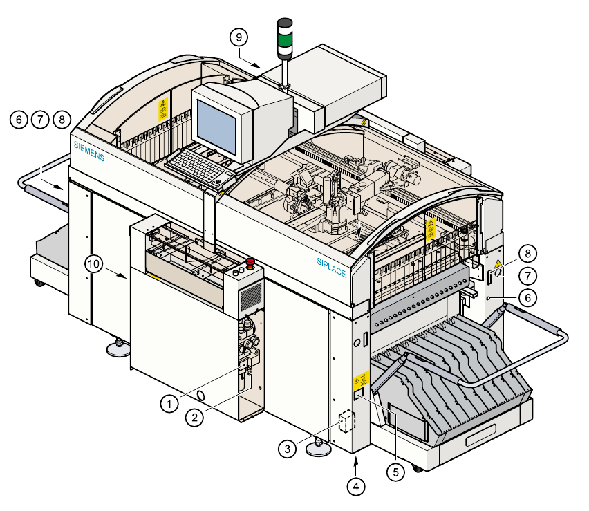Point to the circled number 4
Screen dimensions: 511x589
[x=356, y=486]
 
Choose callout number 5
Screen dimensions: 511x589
[x=395, y=472]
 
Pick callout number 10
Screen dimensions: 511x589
[x=94, y=263]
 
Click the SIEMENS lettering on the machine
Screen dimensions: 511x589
[x=89, y=151]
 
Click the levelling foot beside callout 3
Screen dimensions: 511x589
[x=319, y=449]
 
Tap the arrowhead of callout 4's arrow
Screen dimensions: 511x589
[x=356, y=458]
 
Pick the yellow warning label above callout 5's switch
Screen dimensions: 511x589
[x=360, y=380]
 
